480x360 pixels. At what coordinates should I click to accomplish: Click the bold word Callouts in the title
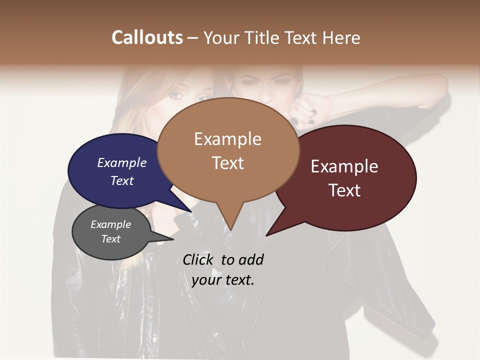pyautogui.click(x=147, y=37)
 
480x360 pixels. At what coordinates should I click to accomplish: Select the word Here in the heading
pyautogui.click(x=341, y=37)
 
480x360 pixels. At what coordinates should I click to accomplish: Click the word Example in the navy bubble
pyautogui.click(x=122, y=162)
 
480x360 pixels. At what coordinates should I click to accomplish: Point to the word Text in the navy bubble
pyautogui.click(x=122, y=180)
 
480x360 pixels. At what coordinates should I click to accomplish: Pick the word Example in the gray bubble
pyautogui.click(x=111, y=224)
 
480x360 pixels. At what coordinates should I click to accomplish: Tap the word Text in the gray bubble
pyautogui.click(x=111, y=239)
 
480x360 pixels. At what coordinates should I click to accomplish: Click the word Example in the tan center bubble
pyautogui.click(x=227, y=139)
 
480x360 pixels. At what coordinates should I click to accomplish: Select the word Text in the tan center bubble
pyautogui.click(x=227, y=163)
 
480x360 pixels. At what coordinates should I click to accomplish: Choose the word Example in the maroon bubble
pyautogui.click(x=344, y=166)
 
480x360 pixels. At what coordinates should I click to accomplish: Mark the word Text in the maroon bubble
pyautogui.click(x=344, y=190)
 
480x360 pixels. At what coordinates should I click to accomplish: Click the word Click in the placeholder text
pyautogui.click(x=198, y=259)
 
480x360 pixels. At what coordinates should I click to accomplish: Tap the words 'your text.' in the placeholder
pyautogui.click(x=223, y=280)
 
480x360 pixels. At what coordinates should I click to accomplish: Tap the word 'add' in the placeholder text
pyautogui.click(x=251, y=259)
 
